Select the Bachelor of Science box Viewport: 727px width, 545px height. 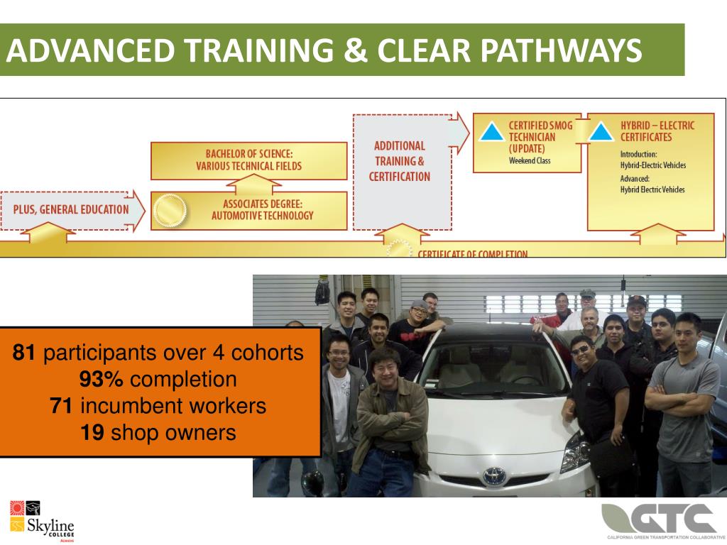click(x=248, y=160)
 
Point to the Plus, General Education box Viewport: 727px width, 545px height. click(x=71, y=209)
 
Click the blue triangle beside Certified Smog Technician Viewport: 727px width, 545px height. click(x=491, y=133)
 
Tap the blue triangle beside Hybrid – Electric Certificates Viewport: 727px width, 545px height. click(x=601, y=133)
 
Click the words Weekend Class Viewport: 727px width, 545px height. click(x=529, y=160)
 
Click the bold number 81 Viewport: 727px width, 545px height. click(x=27, y=353)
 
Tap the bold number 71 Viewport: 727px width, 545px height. click(x=62, y=406)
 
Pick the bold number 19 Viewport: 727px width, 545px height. click(x=92, y=432)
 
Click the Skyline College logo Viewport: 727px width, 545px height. click(x=41, y=520)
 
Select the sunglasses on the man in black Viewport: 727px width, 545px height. click(x=580, y=350)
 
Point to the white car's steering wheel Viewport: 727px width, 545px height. click(x=525, y=380)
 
